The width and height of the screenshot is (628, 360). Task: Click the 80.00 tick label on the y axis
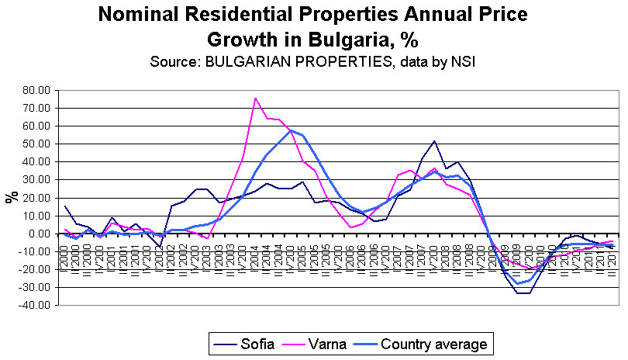click(x=37, y=90)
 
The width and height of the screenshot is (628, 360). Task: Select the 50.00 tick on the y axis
click(x=37, y=144)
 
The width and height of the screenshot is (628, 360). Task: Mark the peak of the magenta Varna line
click(x=255, y=98)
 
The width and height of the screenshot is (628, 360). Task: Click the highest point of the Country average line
click(x=291, y=130)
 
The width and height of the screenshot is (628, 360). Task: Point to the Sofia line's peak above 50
click(x=434, y=141)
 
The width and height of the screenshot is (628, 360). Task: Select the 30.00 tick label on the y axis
click(x=37, y=179)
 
